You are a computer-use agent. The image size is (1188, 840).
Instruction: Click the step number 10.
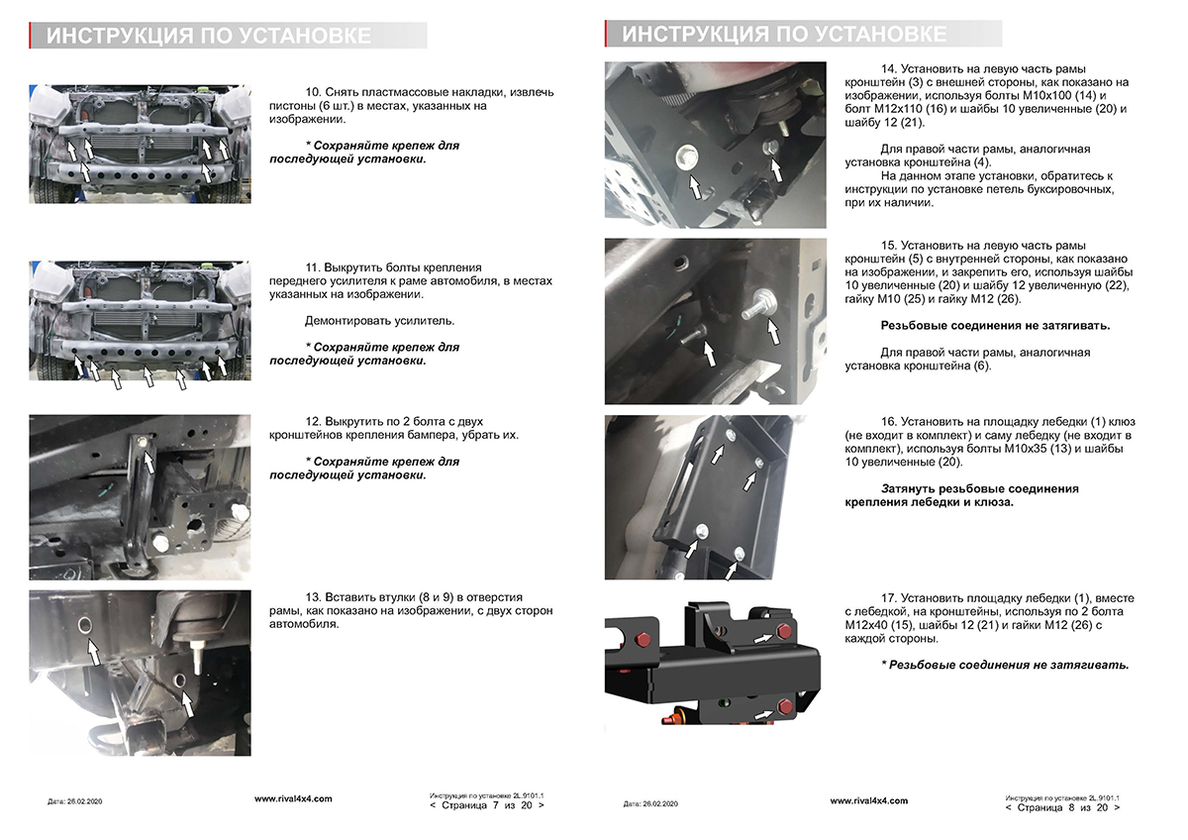312,92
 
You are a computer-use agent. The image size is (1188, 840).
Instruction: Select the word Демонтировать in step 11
348,321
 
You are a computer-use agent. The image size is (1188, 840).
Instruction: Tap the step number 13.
312,597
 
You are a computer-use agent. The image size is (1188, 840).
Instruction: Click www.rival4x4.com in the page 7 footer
293,798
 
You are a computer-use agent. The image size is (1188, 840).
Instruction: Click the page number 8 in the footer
1071,808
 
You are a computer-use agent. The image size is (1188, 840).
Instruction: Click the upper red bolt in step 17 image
785,631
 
